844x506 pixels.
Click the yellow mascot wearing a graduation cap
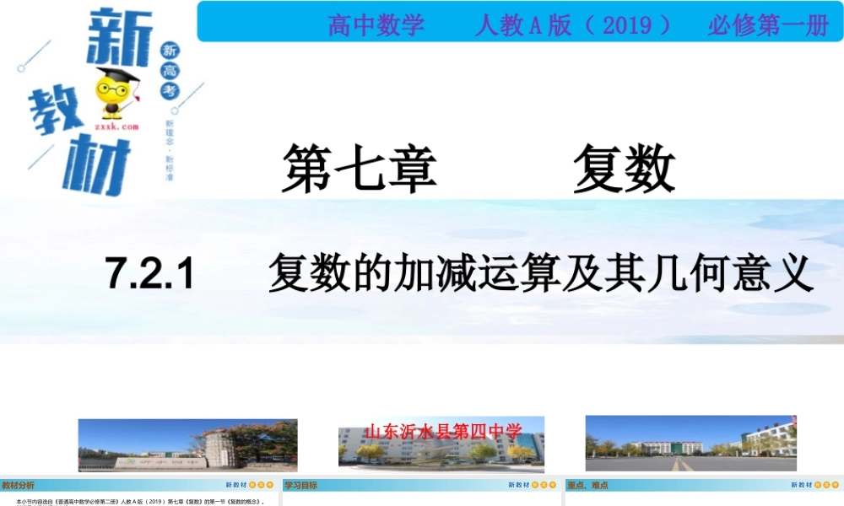click(111, 91)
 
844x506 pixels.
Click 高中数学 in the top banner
click(376, 25)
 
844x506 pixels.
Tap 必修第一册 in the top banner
click(768, 25)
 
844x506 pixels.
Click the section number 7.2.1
click(150, 274)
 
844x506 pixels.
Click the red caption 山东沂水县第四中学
click(443, 432)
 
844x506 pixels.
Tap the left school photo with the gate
click(187, 444)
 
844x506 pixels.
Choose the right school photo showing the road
click(690, 443)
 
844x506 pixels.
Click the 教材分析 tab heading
click(19, 485)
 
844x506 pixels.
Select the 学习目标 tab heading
click(300, 485)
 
